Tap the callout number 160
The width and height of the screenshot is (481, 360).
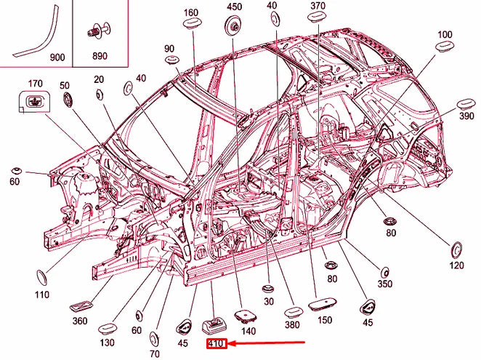pos(190,12)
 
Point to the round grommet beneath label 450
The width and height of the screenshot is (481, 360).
pos(234,28)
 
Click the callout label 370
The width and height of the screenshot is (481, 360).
pos(318,6)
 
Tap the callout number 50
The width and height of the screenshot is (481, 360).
pos(65,85)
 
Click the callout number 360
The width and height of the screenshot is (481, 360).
pos(81,321)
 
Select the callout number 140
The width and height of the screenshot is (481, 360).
pos(248,331)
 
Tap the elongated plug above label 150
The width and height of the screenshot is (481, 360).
pos(321,303)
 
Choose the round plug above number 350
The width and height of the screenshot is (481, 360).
pos(384,272)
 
